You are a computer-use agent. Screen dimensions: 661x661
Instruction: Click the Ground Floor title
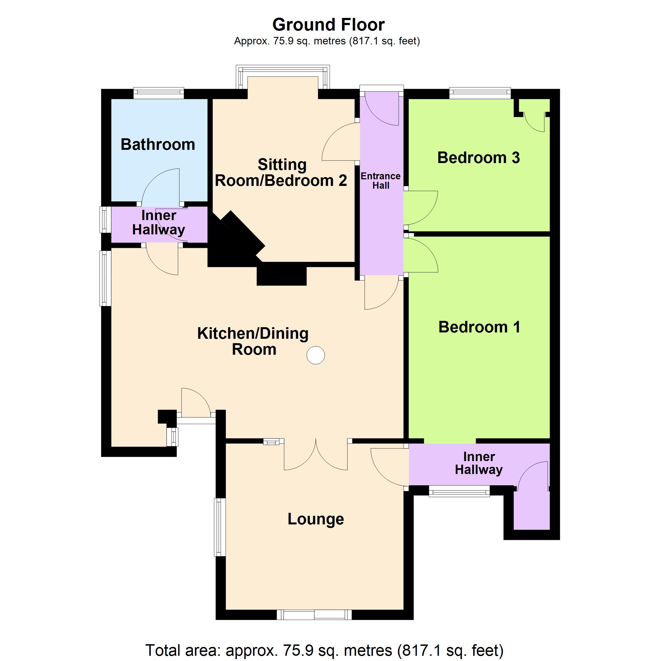329,25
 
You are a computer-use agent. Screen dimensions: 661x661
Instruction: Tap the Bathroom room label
158,144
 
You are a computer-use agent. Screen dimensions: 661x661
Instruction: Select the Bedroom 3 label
478,158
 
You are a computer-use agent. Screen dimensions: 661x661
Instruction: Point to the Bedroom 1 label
479,327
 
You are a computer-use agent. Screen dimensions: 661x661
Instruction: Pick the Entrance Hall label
380,181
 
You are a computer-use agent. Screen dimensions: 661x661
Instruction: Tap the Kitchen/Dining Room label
253,341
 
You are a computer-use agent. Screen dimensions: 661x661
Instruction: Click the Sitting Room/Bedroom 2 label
281,172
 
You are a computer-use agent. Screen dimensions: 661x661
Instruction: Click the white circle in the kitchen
315,355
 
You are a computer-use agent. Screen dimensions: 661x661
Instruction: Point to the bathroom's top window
158,93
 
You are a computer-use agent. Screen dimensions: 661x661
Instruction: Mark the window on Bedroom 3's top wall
480,93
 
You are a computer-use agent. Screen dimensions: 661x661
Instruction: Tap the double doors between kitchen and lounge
316,455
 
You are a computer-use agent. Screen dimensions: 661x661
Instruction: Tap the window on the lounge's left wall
220,527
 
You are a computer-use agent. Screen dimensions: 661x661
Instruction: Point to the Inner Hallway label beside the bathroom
158,222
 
